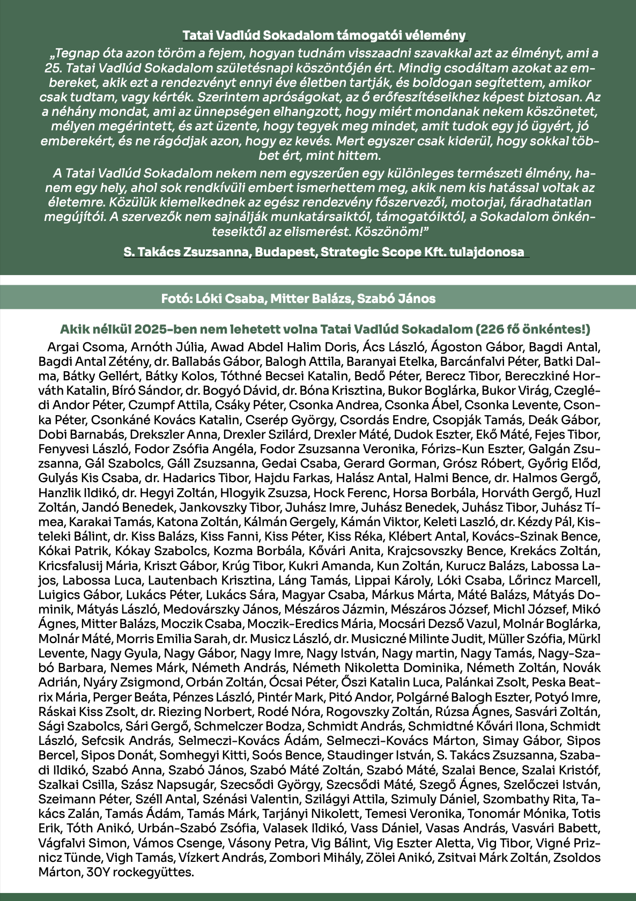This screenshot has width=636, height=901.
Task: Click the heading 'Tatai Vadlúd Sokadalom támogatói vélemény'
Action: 324,35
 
